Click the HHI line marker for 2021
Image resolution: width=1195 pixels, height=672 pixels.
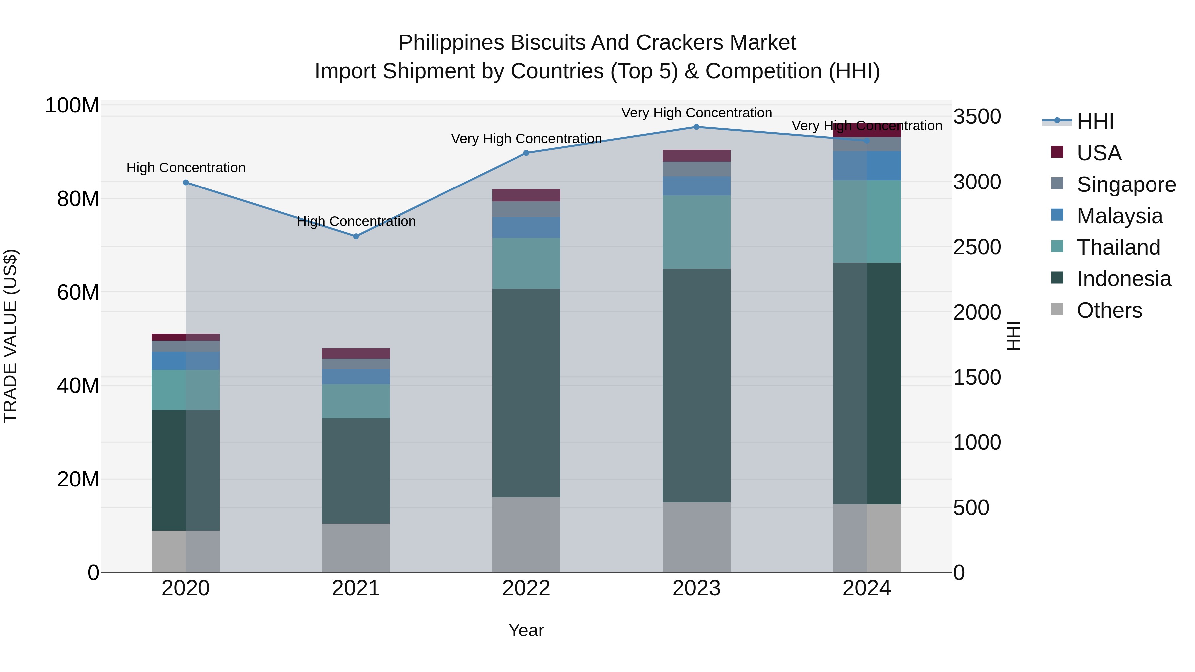tap(356, 237)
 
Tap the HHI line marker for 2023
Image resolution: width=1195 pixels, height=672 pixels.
tap(696, 127)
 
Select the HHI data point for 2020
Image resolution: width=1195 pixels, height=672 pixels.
tap(186, 183)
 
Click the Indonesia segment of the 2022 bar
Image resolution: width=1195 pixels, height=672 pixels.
tap(526, 393)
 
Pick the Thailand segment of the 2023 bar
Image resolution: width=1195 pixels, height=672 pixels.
tap(696, 232)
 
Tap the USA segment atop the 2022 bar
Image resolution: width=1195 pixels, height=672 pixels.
tap(526, 195)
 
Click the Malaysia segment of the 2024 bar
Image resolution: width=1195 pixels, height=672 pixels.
tap(867, 166)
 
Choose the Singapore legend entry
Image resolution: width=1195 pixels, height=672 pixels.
tap(1126, 185)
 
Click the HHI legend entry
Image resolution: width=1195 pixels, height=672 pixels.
tap(1095, 121)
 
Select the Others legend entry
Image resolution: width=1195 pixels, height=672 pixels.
tap(1109, 310)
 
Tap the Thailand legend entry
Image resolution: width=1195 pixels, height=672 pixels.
tap(1118, 247)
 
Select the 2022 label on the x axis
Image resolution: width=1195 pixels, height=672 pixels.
tap(526, 588)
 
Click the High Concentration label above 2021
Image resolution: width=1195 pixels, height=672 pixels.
tap(356, 221)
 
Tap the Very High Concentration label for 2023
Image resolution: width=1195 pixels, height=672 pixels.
tap(696, 113)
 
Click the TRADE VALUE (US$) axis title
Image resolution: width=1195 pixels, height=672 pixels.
tap(10, 336)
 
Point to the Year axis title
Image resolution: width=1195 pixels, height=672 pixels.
tap(526, 630)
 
